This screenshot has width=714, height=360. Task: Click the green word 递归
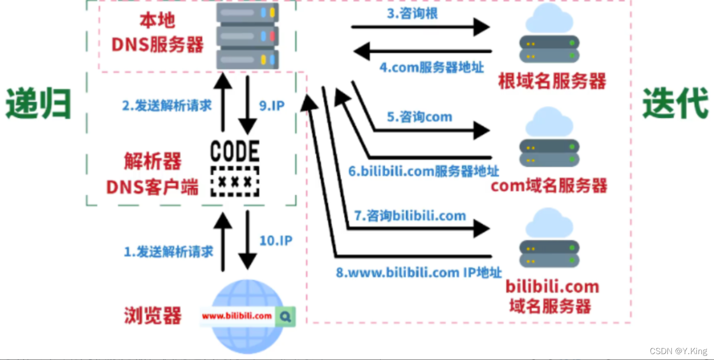[x=38, y=104]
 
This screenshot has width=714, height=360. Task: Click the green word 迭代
[x=675, y=104]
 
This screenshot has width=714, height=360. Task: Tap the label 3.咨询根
[x=412, y=14]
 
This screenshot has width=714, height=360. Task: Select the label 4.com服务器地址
[x=431, y=67]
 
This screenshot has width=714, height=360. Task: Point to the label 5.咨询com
[x=419, y=117]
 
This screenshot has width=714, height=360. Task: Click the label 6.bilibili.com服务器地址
[x=424, y=171]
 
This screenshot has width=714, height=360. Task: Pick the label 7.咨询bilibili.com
[x=409, y=216]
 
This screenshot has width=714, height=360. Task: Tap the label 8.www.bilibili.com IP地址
[x=419, y=273]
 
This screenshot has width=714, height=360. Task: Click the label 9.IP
[x=271, y=106]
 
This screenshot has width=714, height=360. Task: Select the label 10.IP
[x=276, y=241]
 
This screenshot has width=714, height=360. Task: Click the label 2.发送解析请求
[x=167, y=106]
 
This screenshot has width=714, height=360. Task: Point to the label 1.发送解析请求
[x=168, y=251]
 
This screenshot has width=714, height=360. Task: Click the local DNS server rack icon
[x=247, y=36]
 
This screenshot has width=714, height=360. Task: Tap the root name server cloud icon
[x=549, y=34]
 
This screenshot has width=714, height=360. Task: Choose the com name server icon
[x=549, y=138]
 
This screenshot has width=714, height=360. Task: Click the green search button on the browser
[x=285, y=316]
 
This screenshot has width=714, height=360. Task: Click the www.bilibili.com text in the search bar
[x=237, y=316]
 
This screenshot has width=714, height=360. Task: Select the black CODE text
[x=235, y=151]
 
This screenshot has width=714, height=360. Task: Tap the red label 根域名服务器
[x=552, y=81]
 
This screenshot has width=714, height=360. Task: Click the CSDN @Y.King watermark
[x=678, y=351]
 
